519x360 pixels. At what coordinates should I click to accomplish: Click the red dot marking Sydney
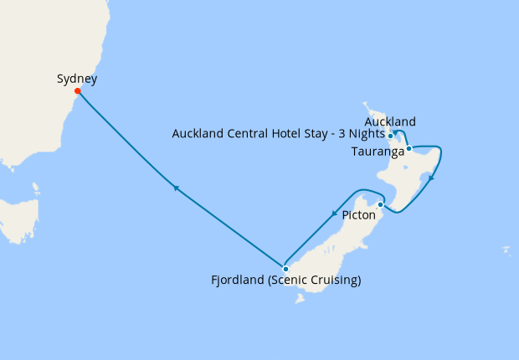(x=77, y=91)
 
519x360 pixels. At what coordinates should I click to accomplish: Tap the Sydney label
(x=77, y=80)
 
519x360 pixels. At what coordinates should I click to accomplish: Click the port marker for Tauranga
(x=409, y=149)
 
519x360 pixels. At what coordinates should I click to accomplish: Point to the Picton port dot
(x=380, y=204)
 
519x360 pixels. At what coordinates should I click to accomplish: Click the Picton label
(x=359, y=216)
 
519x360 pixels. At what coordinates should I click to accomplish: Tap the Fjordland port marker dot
(x=285, y=270)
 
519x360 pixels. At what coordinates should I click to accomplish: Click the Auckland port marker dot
(x=391, y=136)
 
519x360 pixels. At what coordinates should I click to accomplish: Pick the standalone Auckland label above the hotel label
(x=390, y=122)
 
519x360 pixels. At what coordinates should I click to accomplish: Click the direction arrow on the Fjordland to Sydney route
(x=176, y=188)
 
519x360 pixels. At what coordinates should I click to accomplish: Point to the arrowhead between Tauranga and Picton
(x=430, y=177)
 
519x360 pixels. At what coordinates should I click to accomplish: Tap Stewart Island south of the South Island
(x=299, y=297)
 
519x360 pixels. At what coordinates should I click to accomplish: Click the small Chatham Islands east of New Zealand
(x=507, y=249)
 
